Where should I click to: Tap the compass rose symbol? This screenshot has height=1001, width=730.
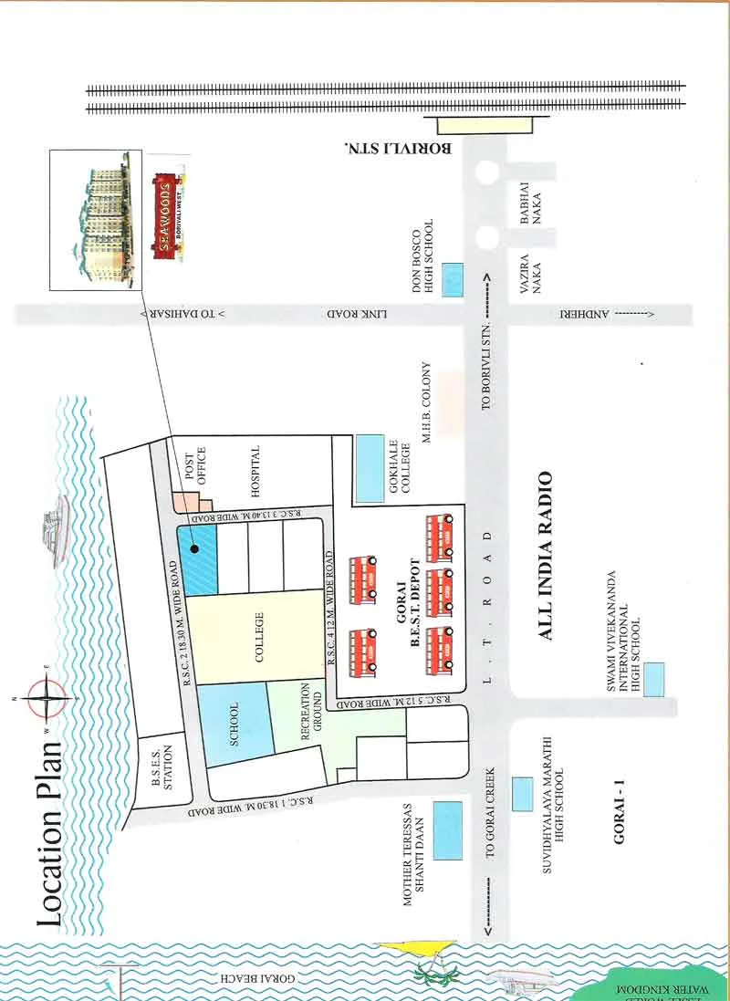(x=48, y=700)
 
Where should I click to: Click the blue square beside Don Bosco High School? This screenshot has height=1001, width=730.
(x=452, y=279)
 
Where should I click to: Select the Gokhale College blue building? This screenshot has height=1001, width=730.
(x=370, y=468)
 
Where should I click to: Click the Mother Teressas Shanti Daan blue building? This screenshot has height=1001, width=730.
(x=447, y=829)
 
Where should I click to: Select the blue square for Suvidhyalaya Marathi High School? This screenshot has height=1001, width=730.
(x=523, y=795)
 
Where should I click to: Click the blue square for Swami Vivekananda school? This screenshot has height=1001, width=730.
(x=652, y=680)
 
